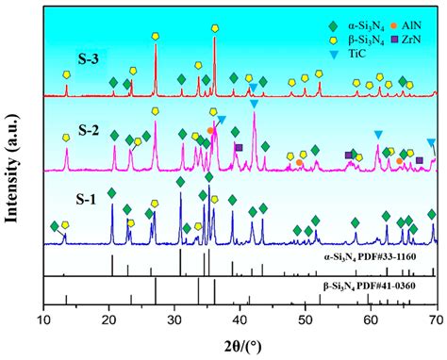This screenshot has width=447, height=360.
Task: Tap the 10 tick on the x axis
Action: click(x=44, y=321)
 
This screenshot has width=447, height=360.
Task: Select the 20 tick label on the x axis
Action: click(x=109, y=321)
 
